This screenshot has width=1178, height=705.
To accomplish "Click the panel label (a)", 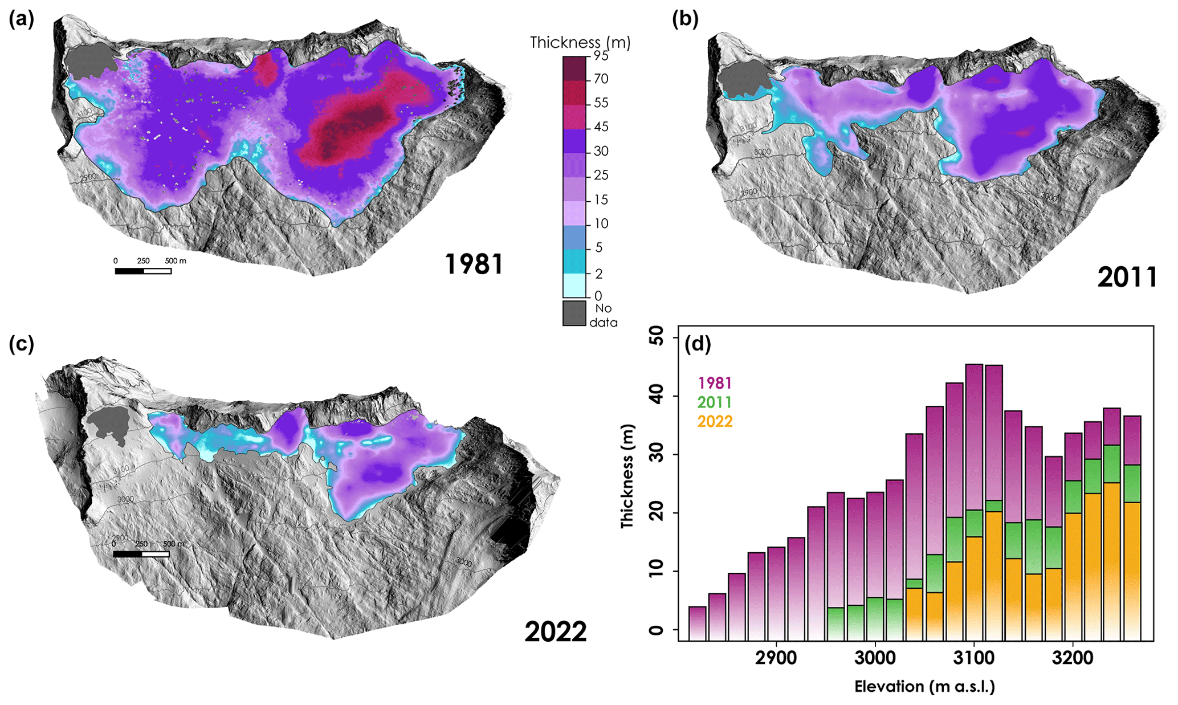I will coord(22,20).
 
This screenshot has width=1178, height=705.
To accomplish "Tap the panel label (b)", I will coord(685,20).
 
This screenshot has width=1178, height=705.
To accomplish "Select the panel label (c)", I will coord(22,344).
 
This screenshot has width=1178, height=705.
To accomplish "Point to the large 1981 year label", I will coord(474,264).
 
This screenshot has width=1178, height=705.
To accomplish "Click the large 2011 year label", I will coord(1127,278).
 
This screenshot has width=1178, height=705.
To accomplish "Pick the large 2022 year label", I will coord(556,631).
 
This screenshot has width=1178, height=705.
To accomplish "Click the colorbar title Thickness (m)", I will coord(580,43).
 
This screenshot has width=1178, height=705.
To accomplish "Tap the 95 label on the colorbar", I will coord(601,56).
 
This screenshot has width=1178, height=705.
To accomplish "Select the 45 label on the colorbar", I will coord(601,127).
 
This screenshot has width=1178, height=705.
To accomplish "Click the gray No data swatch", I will coord(574,313).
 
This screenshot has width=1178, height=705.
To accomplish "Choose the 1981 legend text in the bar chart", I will coord(715,383).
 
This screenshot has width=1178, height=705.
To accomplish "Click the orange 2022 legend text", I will coord(715,422).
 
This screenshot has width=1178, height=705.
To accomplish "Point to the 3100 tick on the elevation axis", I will coord(974,658).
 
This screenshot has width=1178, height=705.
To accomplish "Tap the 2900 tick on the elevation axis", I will coord(776,658).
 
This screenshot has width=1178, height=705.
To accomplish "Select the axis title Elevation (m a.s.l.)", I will coord(924,687).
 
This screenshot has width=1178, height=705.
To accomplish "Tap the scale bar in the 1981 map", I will coord(143,271).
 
